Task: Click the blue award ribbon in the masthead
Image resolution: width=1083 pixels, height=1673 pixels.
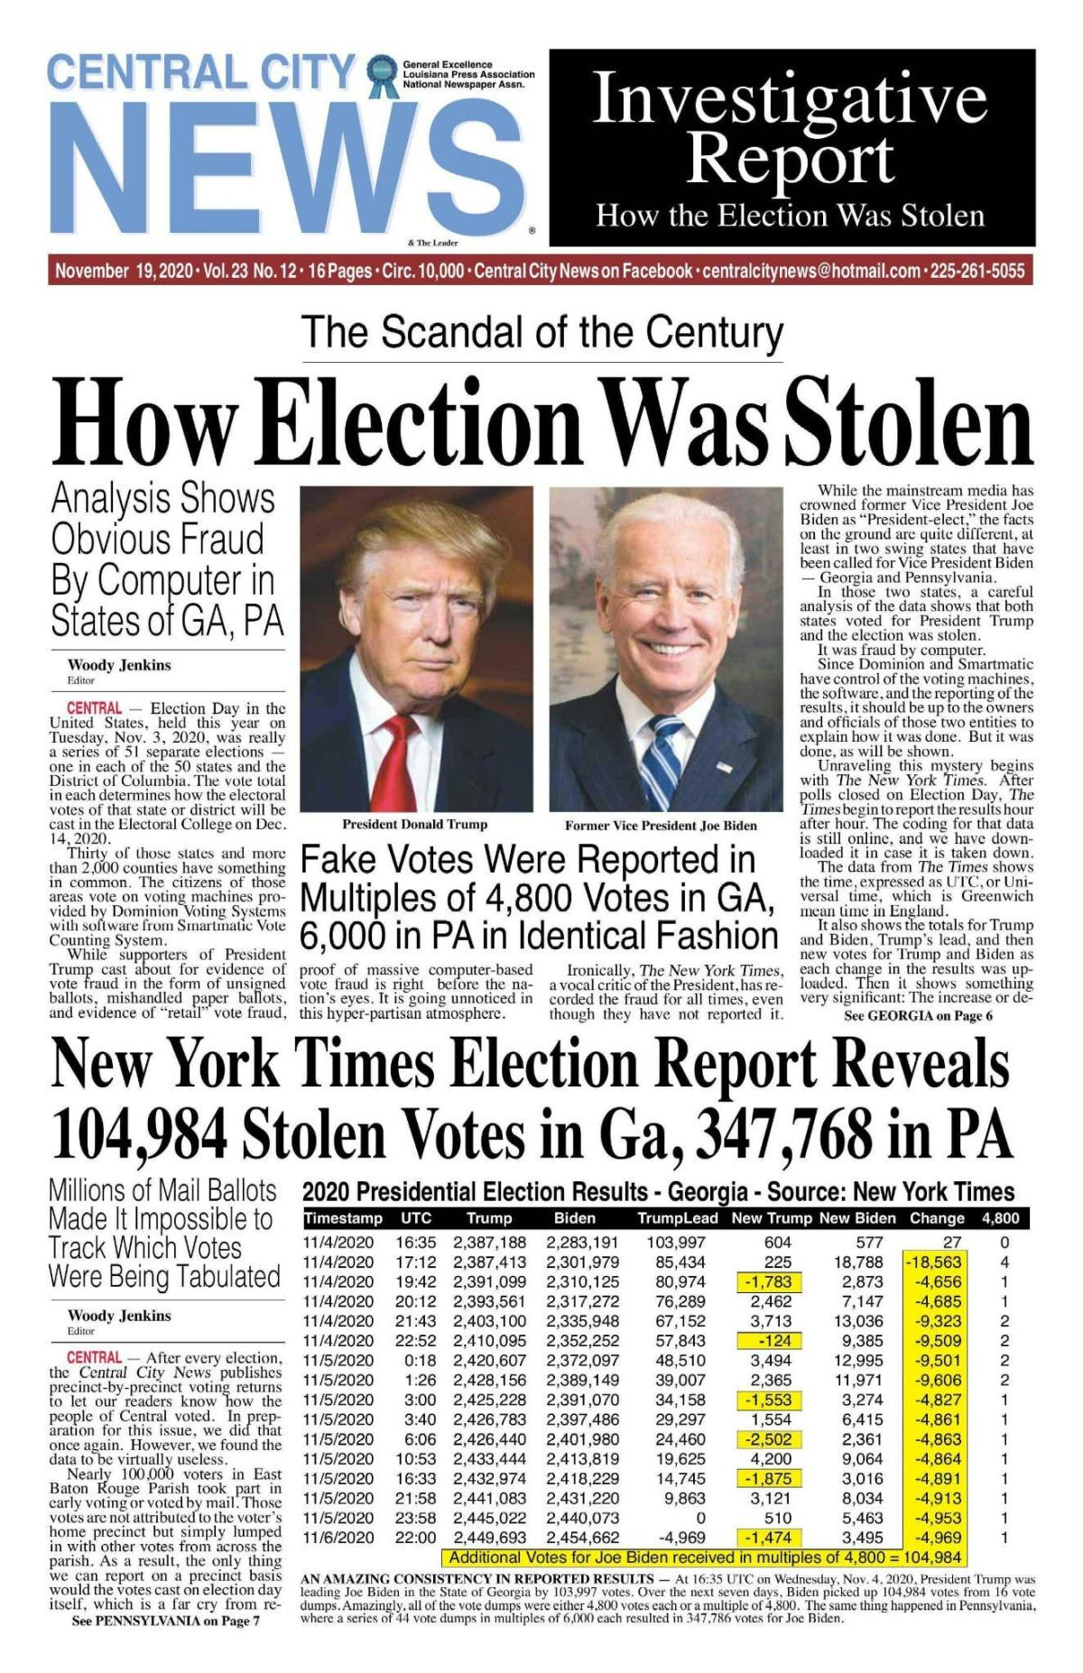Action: click(x=384, y=76)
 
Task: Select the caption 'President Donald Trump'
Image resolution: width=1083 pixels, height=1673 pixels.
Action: click(x=414, y=824)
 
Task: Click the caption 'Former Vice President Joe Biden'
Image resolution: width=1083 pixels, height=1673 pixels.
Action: click(x=661, y=825)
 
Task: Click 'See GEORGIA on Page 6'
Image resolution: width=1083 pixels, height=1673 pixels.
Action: click(x=918, y=1015)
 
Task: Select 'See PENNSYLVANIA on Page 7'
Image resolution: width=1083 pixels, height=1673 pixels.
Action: click(x=165, y=1620)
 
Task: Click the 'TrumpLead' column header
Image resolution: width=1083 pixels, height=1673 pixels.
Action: click(x=677, y=1218)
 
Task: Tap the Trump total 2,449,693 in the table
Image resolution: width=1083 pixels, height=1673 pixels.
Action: click(x=489, y=1537)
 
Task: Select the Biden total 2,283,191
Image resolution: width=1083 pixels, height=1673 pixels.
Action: click(x=582, y=1243)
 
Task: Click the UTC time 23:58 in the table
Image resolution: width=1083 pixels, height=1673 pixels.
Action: click(x=415, y=1518)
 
